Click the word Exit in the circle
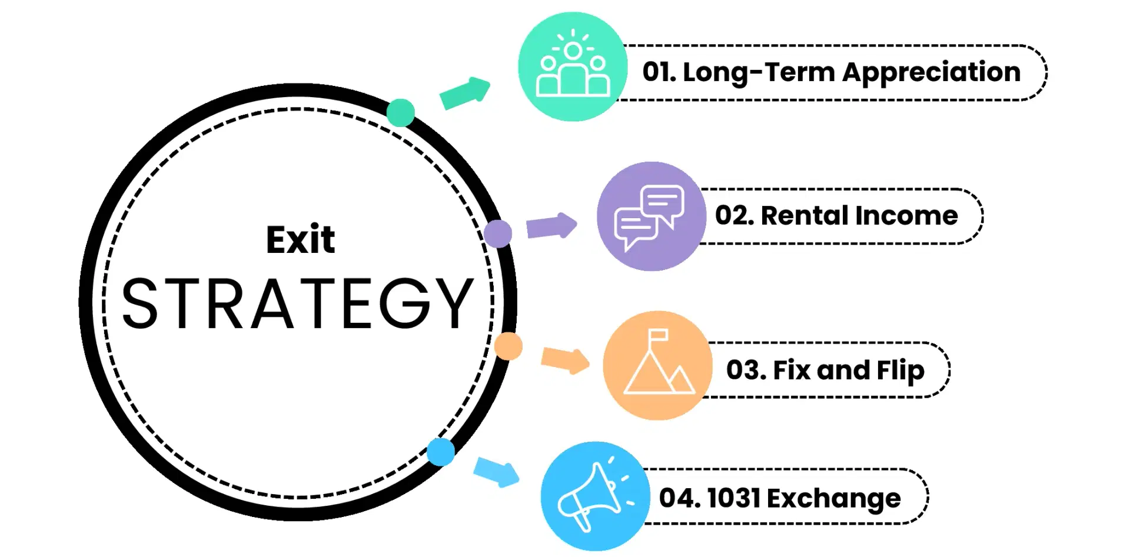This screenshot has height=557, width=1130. (x=300, y=239)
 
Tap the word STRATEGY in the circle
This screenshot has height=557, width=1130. (x=298, y=303)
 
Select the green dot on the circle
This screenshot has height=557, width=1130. (x=401, y=112)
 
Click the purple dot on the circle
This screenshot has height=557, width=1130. (x=498, y=234)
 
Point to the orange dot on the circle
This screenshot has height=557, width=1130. (x=508, y=346)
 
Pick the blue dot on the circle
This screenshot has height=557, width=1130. (x=441, y=452)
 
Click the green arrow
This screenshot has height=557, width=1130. (x=465, y=93)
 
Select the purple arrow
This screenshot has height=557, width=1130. (x=551, y=226)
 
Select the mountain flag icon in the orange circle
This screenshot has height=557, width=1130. (x=659, y=361)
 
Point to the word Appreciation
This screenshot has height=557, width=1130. (x=932, y=73)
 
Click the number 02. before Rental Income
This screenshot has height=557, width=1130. (x=735, y=216)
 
